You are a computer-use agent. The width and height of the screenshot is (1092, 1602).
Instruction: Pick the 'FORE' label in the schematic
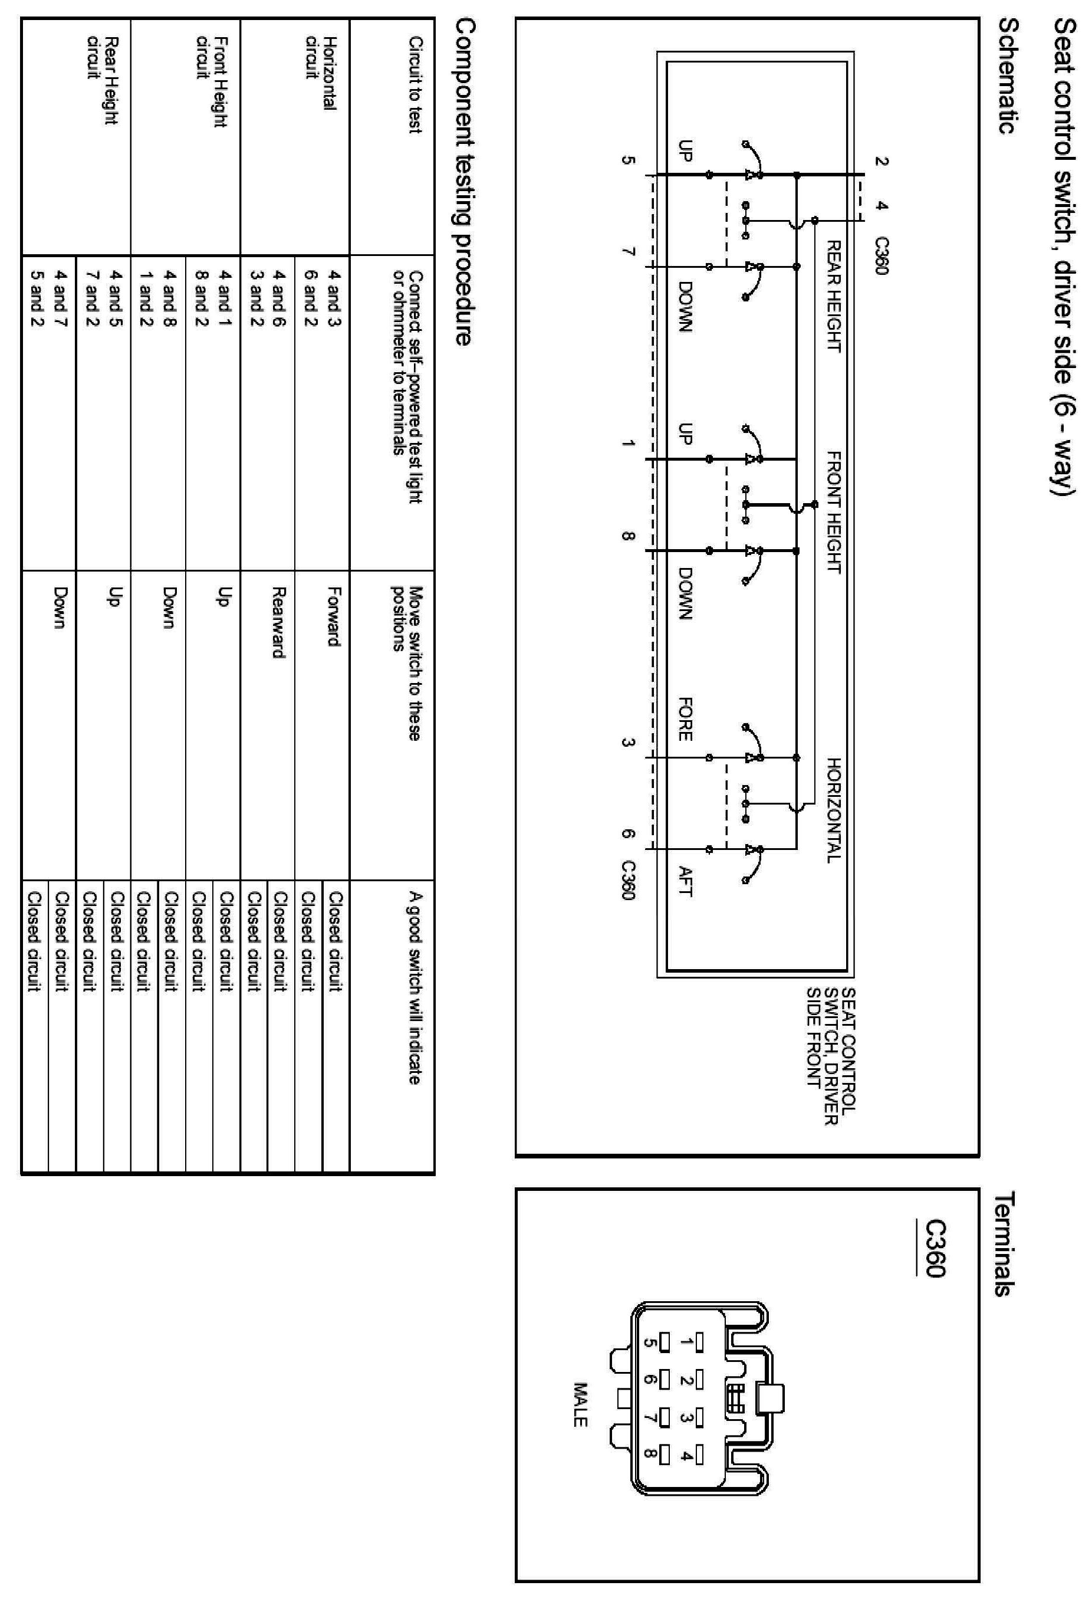tap(685, 720)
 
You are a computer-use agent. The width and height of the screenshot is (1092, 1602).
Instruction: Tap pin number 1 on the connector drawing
tap(686, 1341)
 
